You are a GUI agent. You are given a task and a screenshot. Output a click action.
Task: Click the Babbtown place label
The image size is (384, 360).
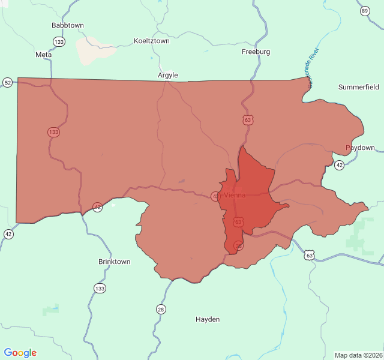(68, 25)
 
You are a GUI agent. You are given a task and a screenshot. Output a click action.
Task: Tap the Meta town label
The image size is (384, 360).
(44, 55)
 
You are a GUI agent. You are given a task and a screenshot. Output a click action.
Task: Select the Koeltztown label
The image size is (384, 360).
(151, 41)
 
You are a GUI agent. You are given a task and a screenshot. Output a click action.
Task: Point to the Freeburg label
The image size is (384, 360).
(256, 52)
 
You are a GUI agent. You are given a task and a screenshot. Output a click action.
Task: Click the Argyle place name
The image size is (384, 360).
(168, 75)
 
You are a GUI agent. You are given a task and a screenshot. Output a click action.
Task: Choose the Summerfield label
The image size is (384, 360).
(359, 87)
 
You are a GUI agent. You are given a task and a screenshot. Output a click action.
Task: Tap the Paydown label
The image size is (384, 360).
(360, 148)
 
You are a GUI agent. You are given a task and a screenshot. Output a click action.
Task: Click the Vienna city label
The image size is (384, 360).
(235, 195)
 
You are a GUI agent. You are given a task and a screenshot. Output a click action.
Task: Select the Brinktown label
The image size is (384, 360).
(114, 262)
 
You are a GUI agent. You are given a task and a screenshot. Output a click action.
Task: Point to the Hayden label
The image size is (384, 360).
(208, 319)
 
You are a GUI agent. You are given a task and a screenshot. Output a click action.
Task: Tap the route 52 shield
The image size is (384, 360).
(7, 82)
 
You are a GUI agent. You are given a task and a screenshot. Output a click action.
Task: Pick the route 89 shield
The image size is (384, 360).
(365, 11)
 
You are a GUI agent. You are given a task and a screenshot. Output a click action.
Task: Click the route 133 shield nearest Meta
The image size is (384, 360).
(59, 41)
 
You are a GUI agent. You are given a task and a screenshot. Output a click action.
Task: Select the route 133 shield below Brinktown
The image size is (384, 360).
(100, 289)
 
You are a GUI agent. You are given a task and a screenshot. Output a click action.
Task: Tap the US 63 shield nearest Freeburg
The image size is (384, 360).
(248, 120)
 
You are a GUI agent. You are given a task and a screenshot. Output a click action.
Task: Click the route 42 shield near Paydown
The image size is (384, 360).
(340, 165)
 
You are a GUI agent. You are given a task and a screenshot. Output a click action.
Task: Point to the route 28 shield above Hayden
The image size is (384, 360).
(161, 309)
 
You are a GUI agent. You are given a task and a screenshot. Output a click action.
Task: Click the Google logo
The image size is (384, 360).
(20, 353)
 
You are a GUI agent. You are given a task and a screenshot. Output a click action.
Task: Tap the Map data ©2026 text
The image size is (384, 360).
(358, 355)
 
